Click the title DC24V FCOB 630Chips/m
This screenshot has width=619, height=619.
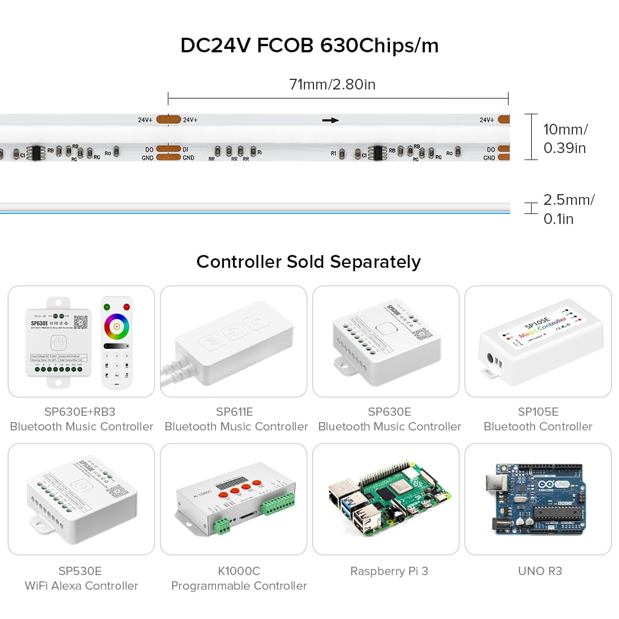pyautogui.click(x=309, y=46)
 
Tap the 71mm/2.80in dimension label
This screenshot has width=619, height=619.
pyautogui.click(x=332, y=84)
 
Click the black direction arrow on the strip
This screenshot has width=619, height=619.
pyautogui.click(x=330, y=120)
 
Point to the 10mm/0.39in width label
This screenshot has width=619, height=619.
pyautogui.click(x=565, y=138)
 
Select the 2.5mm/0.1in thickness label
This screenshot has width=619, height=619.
pyautogui.click(x=568, y=209)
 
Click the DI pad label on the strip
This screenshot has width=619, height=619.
pyautogui.click(x=186, y=150)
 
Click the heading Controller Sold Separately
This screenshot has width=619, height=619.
pyautogui.click(x=308, y=262)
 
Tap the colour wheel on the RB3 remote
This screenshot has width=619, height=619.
pyautogui.click(x=116, y=326)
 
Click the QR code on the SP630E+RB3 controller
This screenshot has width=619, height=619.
pyautogui.click(x=80, y=322)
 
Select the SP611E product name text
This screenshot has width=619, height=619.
pyautogui.click(x=235, y=412)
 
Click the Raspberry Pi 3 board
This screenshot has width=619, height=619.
pyautogui.click(x=388, y=498)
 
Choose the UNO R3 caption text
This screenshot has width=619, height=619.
pyautogui.click(x=540, y=571)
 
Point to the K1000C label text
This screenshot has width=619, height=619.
pyautogui.click(x=239, y=571)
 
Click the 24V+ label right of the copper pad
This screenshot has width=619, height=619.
pyautogui.click(x=190, y=120)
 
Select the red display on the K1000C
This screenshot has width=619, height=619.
pyautogui.click(x=229, y=483)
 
